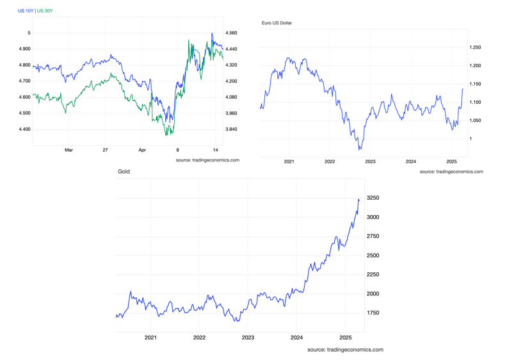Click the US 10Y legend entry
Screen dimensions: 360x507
[x=26, y=11]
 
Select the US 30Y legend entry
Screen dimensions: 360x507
[x=45, y=11]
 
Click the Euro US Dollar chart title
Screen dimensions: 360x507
[x=277, y=23]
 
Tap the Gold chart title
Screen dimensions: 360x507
[x=124, y=172]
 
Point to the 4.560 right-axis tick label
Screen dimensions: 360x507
[x=231, y=33]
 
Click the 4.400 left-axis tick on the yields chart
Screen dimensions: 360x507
[x=24, y=129]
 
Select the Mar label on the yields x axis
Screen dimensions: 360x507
[x=68, y=150]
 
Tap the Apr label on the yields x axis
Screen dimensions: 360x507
[x=142, y=150]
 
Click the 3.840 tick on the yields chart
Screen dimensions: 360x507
[x=231, y=129]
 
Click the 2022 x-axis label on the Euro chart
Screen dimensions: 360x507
[x=330, y=161]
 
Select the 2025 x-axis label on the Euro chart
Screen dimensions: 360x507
[x=451, y=161]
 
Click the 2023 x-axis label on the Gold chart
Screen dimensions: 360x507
[x=248, y=337]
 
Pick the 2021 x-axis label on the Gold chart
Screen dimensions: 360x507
[x=150, y=337]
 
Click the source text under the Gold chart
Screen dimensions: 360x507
[x=345, y=350]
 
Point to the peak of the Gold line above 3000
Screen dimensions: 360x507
[x=358, y=199]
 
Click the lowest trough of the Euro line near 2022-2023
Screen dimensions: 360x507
[x=359, y=149]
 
